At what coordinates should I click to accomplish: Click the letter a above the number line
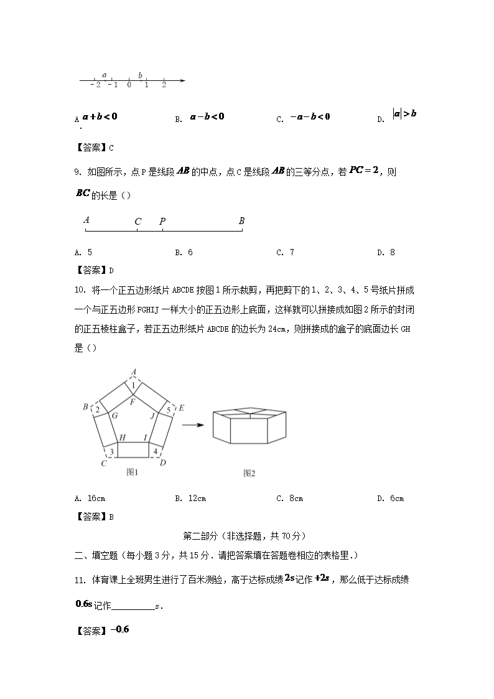[104, 75]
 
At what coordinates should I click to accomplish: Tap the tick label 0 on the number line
[129, 85]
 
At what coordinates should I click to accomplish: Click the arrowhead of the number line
[183, 80]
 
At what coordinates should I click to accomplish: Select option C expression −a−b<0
[309, 117]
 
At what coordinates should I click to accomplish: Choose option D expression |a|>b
[404, 114]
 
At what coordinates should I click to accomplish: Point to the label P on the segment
[162, 221]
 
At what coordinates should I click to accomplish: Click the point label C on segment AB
[137, 221]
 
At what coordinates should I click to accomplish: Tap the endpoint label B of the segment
[241, 221]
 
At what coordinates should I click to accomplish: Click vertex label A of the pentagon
[133, 373]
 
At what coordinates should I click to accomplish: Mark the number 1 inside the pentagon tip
[133, 386]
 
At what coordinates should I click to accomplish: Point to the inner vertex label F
[133, 401]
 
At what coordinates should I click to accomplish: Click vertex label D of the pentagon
[162, 462]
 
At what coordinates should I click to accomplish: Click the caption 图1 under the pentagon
[132, 472]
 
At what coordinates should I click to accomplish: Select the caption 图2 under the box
[249, 473]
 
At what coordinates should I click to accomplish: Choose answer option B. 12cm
[190, 498]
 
